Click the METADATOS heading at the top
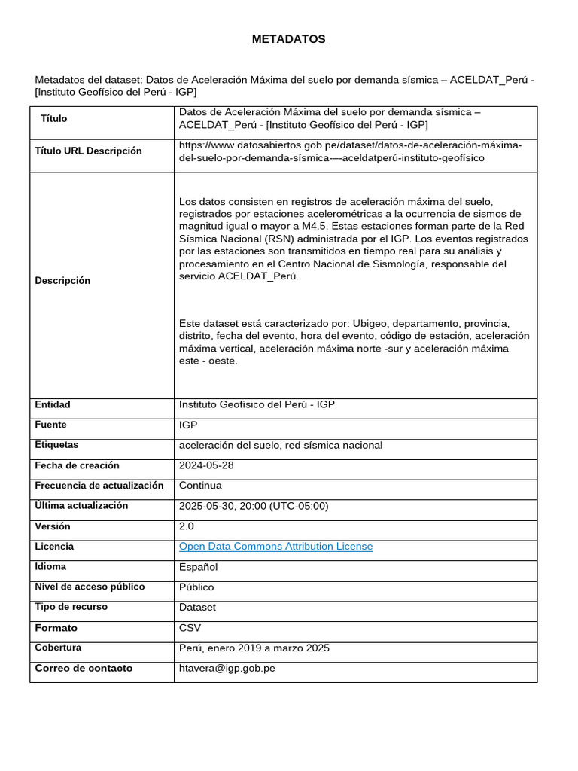coord(288,39)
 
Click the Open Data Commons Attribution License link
coord(275,547)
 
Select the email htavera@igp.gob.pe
coord(227,669)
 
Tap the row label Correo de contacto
coord(84,669)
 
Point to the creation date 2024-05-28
coord(206,465)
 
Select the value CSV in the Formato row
coord(190,628)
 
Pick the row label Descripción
coord(62,281)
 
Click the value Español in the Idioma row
coord(198,567)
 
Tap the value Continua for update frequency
coord(200,486)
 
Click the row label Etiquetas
coord(56,445)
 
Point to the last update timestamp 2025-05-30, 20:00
coord(254,506)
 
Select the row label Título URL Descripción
coord(88,151)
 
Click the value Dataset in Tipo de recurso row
coord(197,607)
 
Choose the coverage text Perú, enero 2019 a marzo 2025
coord(254,648)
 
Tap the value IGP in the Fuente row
coord(188,425)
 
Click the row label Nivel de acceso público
coord(90,587)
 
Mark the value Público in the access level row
coord(196,587)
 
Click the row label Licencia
coord(54,547)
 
